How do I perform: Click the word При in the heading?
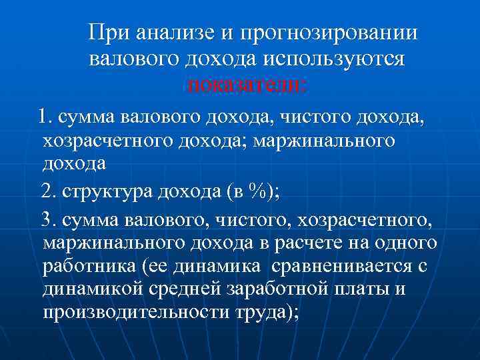pos(109,33)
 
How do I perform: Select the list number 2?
pos(47,193)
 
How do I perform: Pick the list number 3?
pos(47,217)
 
